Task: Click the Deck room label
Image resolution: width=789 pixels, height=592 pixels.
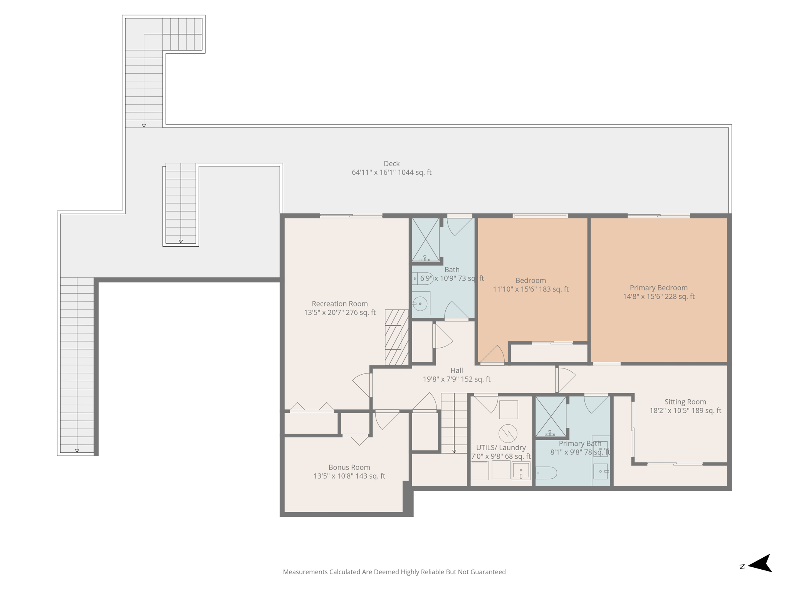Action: (391, 164)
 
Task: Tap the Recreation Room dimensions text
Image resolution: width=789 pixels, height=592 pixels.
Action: (340, 313)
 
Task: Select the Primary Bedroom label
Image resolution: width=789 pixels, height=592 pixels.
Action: (658, 288)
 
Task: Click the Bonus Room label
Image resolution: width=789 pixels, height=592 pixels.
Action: (349, 468)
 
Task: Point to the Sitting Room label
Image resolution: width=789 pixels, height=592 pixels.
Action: (685, 402)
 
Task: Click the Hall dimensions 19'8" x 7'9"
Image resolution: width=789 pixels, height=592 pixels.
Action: (457, 379)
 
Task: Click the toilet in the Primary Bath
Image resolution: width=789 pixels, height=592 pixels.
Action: (546, 473)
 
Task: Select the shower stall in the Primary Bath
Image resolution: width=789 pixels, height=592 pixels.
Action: (551, 417)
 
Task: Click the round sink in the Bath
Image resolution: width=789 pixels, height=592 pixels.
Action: (421, 304)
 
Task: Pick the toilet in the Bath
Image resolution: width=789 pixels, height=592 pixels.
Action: (423, 278)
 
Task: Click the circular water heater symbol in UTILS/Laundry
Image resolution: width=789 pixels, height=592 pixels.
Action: (508, 434)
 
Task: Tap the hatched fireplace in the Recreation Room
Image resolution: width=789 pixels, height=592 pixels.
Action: (396, 337)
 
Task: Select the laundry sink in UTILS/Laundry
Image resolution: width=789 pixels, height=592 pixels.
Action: (521, 471)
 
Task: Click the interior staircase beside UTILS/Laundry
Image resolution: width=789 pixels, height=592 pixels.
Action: (454, 423)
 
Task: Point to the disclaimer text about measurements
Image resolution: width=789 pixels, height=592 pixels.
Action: (394, 572)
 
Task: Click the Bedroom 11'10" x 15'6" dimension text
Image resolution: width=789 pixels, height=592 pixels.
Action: (530, 289)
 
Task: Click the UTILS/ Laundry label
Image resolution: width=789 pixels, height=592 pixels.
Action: (501, 448)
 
